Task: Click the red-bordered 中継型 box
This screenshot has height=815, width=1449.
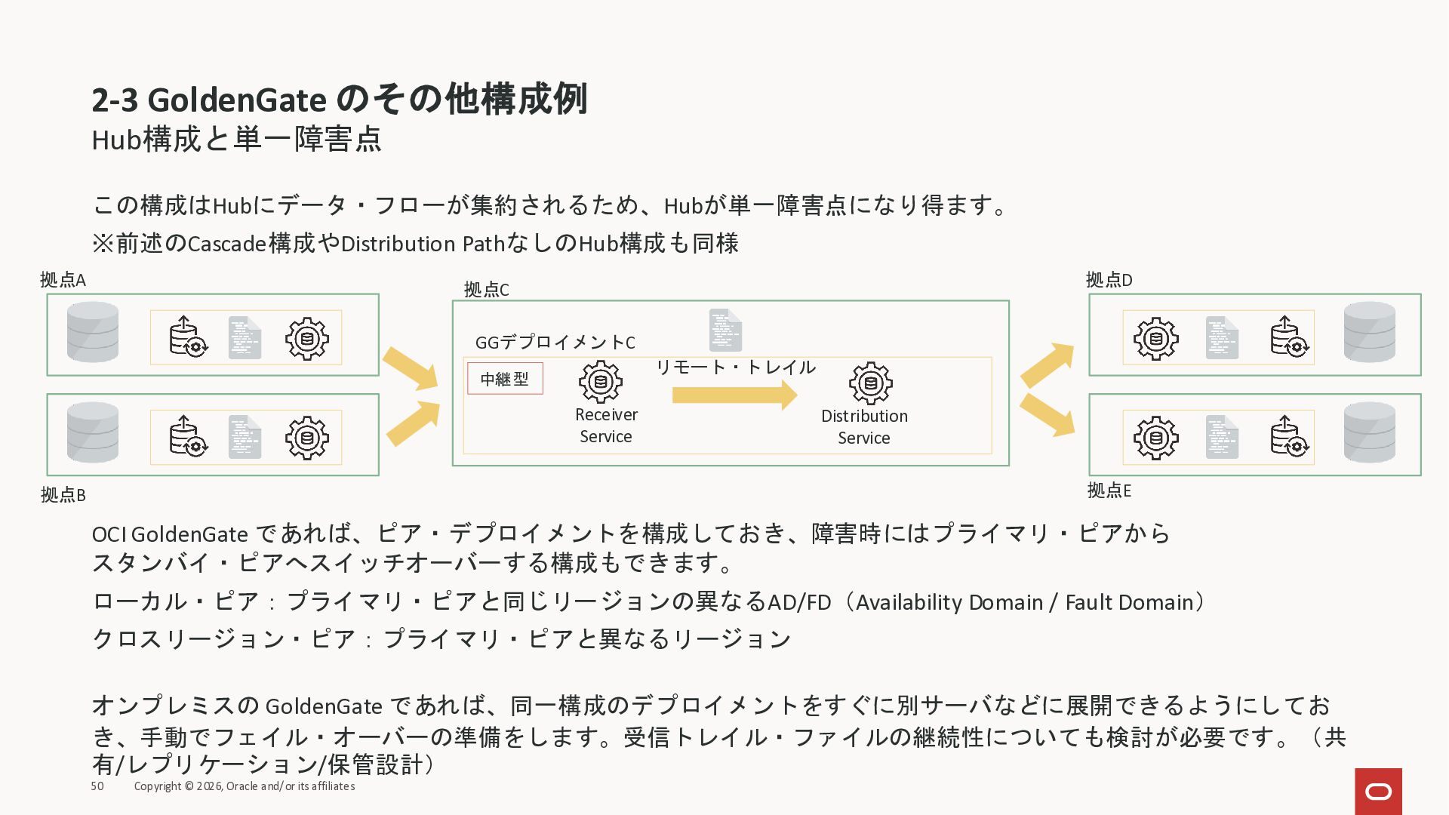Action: (x=505, y=379)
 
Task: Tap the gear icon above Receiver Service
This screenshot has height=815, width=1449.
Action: (x=601, y=382)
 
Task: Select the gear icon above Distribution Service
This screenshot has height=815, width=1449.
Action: (x=871, y=383)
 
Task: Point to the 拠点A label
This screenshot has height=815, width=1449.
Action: (x=63, y=280)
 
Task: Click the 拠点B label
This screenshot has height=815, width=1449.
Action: (x=63, y=495)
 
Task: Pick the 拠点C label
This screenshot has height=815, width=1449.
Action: (x=486, y=290)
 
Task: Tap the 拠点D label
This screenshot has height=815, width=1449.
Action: (x=1109, y=280)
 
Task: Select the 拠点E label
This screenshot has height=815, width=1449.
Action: (x=1109, y=491)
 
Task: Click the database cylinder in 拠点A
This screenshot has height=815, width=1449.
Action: (x=93, y=332)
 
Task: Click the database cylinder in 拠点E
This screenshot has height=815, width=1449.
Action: (x=1370, y=432)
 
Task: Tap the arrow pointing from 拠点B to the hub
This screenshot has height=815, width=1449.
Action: (x=413, y=424)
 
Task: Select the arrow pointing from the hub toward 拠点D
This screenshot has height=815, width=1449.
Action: (x=1047, y=364)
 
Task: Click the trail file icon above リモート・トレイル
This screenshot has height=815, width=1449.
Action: (x=725, y=331)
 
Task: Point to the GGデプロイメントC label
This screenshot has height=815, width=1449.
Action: (x=555, y=343)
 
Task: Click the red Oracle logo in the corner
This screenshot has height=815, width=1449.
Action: (x=1378, y=791)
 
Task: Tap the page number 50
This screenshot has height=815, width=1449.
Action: (x=97, y=786)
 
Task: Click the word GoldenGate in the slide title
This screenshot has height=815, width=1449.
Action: (x=237, y=100)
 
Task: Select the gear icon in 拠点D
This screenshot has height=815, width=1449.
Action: (x=1155, y=338)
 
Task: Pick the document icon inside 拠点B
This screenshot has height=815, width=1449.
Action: (x=245, y=437)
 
